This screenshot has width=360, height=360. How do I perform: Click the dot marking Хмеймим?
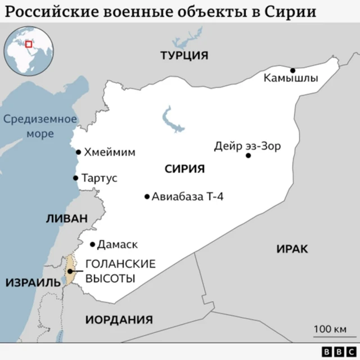tap(79, 152)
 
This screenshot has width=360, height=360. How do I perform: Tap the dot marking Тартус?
tap(75, 178)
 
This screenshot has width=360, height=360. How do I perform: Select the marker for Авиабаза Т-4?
tap(147, 197)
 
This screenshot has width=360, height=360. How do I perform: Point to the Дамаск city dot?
tap(93, 245)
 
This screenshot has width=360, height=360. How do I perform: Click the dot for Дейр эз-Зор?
tap(248, 155)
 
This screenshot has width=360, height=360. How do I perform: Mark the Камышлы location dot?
tap(292, 70)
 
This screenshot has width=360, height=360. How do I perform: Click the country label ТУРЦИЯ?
tap(184, 56)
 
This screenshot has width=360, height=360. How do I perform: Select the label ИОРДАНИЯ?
tap(119, 319)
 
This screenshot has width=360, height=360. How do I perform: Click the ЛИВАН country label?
tap(67, 218)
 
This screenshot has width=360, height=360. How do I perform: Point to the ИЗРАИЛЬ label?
tap(33, 282)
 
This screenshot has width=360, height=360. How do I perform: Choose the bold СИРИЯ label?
tap(184, 169)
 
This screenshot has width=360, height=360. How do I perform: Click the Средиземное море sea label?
tap(39, 127)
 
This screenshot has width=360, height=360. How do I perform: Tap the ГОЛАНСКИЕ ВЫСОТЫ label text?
tap(112, 271)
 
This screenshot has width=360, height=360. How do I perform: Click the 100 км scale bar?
tap(330, 336)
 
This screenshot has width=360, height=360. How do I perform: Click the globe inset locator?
tap(28, 53)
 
